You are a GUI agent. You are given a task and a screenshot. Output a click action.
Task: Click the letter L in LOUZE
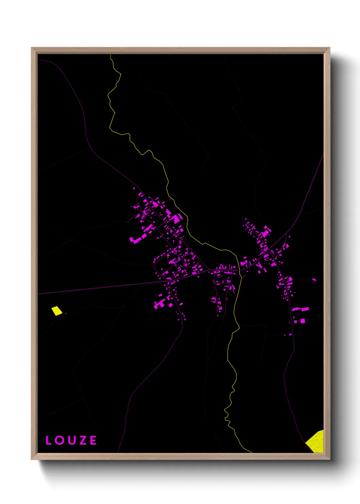click(x=48, y=440)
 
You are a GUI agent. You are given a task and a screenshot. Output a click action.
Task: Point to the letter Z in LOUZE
click(x=82, y=440)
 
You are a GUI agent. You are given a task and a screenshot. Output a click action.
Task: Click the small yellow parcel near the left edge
click(x=57, y=311)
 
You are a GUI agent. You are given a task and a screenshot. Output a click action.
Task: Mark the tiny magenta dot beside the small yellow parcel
click(x=65, y=313)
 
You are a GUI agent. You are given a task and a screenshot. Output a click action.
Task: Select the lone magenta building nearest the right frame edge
click(x=314, y=280)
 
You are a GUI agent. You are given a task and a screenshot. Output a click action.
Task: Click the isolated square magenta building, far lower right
click(x=302, y=321)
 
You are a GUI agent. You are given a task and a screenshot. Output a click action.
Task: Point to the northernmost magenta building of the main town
click(x=134, y=188)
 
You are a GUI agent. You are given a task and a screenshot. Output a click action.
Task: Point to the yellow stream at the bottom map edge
click(x=250, y=452)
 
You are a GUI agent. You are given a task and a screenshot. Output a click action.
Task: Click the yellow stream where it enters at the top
click(x=111, y=56)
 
